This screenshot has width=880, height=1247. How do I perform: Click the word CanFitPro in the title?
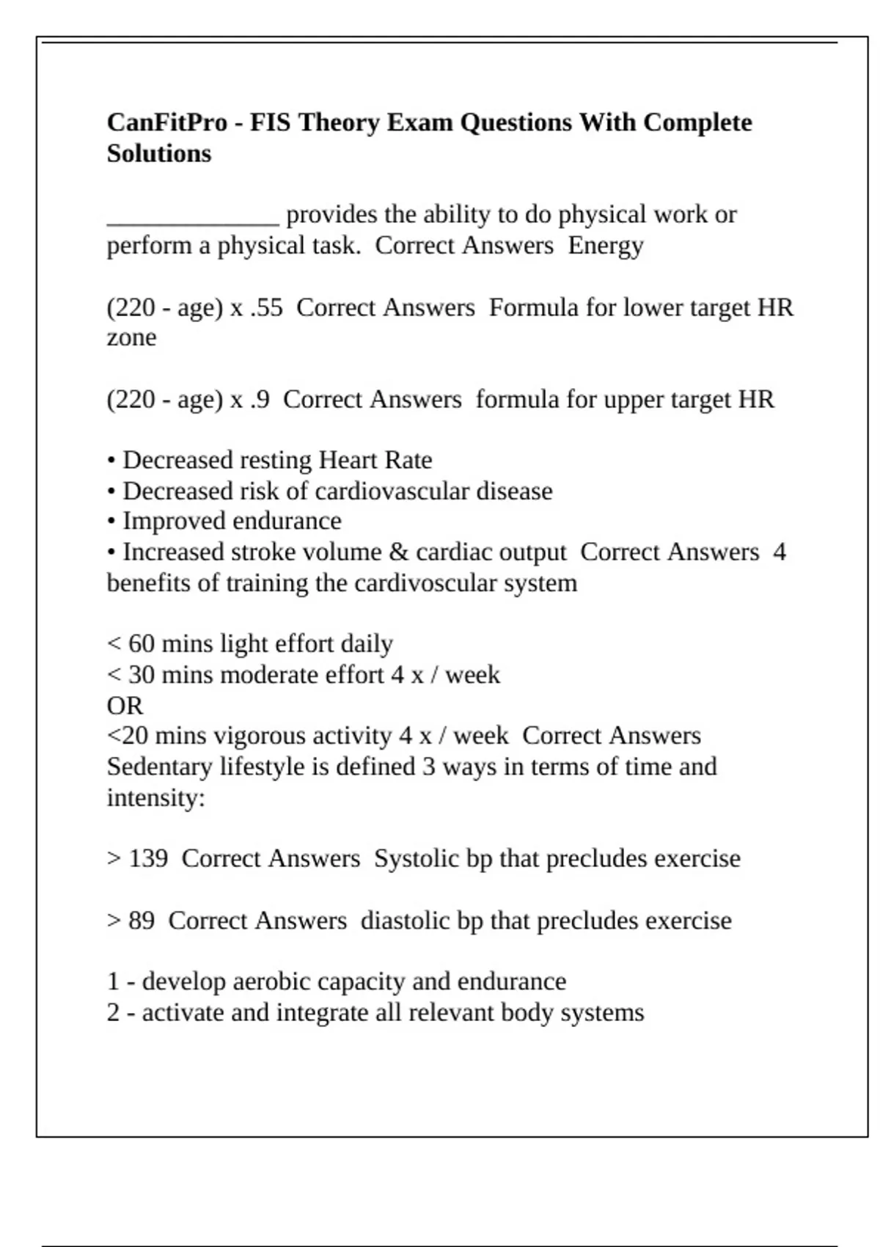[166, 122]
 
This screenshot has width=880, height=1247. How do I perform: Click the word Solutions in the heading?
[158, 153]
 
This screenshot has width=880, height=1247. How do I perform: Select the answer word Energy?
[605, 245]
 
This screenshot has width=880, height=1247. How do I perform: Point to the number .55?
[266, 307]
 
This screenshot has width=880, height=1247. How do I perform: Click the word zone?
[131, 337]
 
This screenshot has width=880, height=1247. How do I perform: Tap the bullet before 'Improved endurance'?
[111, 522]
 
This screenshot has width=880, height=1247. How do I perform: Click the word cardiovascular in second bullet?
[392, 491]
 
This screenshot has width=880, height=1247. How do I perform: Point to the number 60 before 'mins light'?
[142, 644]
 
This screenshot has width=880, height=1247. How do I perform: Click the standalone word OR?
[125, 706]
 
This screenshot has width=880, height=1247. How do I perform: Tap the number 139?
[148, 858]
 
